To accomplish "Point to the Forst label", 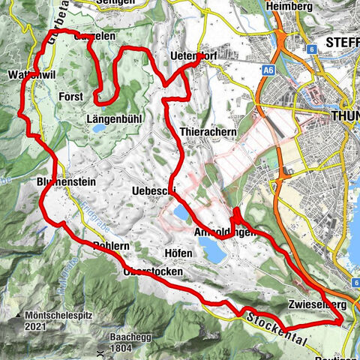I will (x=70, y=97).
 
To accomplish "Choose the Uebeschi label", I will (x=153, y=190).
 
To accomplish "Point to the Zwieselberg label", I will (x=315, y=305).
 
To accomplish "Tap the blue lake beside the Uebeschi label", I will (x=182, y=215).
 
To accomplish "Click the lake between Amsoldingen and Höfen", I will (x=214, y=253).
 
